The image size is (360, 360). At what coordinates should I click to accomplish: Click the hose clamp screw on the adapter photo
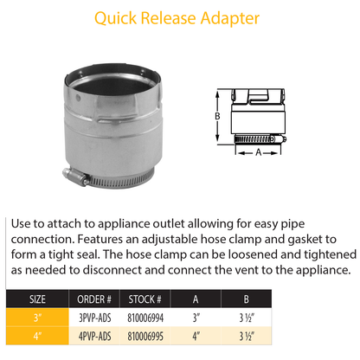point(79,178)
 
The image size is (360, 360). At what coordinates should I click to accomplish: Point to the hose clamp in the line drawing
point(255,136)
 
